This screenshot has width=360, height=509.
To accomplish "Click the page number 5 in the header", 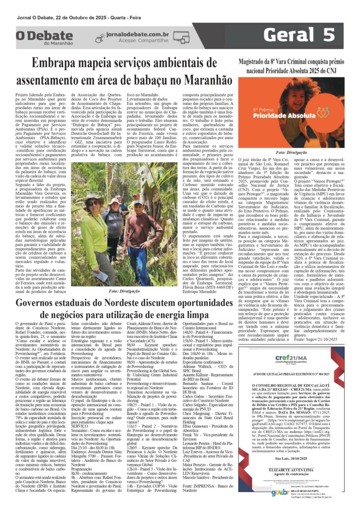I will click(x=329, y=35).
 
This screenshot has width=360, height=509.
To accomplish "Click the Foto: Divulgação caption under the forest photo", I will click(x=122, y=291).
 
